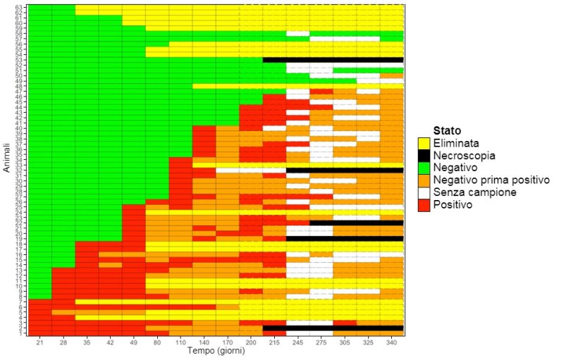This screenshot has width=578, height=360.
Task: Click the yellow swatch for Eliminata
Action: point(424,143)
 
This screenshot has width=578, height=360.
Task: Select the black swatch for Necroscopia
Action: point(424,156)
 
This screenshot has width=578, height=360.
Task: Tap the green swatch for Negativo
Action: point(424,168)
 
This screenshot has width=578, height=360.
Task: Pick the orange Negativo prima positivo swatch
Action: point(424,180)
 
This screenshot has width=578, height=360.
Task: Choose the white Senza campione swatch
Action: point(424,192)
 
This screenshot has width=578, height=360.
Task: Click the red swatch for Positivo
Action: point(424,205)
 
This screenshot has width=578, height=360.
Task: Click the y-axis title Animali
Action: point(6,159)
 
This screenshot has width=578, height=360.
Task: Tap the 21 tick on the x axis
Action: point(40,342)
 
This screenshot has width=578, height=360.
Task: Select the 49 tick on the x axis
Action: point(134,342)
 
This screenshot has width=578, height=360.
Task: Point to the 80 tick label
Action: point(157,342)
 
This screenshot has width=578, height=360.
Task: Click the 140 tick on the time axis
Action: point(204,342)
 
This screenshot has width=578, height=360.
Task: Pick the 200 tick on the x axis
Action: point(251,342)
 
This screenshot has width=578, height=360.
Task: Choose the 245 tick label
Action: point(298,342)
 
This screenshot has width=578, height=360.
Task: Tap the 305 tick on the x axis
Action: point(345,342)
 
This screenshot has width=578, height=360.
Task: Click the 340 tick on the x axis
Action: point(392,342)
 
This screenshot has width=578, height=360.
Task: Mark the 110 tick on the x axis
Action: point(180,342)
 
